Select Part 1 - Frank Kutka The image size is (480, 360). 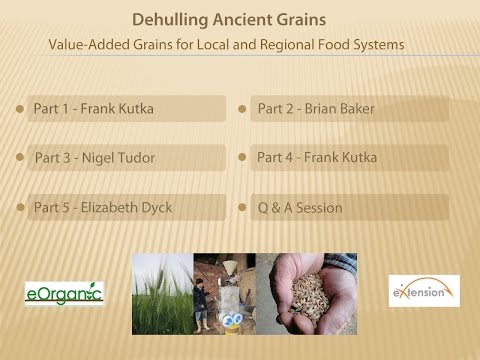pos(94,108)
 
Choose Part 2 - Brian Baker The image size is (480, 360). pos(315,108)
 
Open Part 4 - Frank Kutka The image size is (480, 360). pos(316,157)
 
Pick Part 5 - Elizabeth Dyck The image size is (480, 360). pos(104,207)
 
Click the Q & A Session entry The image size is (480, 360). pos(300,207)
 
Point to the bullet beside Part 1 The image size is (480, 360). pos(18,107)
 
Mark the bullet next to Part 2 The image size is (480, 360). pos(242,107)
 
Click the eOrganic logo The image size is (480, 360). pos(64,292)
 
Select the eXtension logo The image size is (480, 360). pos(423,292)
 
